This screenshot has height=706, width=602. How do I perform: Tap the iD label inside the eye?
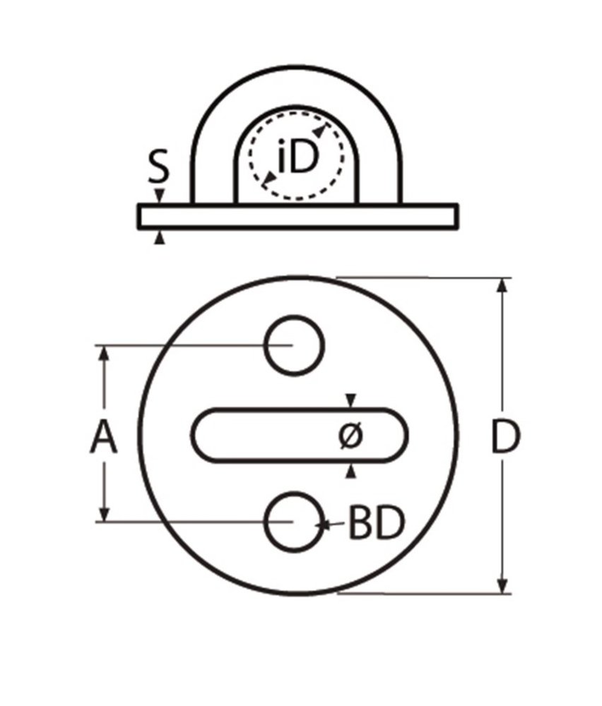tap(297, 160)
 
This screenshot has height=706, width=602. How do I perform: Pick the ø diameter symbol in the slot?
tap(350, 436)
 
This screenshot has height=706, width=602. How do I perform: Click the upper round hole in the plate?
tap(295, 345)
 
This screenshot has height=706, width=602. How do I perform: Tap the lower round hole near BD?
tap(295, 522)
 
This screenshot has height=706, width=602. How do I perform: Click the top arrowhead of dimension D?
tap(502, 285)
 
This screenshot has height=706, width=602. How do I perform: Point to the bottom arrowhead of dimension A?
tap(105, 515)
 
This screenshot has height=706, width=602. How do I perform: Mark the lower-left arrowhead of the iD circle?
tap(267, 181)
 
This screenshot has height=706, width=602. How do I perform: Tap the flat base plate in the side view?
tap(297, 217)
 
